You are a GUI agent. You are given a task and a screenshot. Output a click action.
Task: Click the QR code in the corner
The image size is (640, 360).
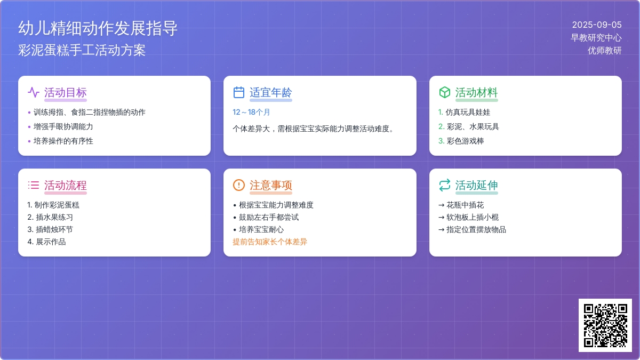coord(605,325)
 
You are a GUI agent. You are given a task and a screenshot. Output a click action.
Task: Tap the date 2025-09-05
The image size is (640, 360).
coord(597,25)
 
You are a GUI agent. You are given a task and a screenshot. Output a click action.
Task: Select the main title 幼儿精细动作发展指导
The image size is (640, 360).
coord(98,28)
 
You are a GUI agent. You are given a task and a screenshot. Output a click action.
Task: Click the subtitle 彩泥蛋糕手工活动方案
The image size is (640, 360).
coord(82,50)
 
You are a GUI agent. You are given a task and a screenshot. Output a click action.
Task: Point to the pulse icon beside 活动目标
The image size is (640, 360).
coord(34,92)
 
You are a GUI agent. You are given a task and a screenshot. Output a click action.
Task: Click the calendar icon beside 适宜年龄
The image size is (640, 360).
coord(239,92)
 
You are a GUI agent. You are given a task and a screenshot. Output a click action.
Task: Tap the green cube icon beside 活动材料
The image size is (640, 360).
coord(445,92)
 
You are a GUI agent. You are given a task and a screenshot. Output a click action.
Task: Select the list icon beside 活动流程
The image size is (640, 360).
coord(34,185)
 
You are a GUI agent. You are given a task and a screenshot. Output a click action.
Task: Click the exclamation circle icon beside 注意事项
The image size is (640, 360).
coord(239,185)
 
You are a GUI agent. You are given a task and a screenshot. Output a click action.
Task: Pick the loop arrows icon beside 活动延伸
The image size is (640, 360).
coord(445,185)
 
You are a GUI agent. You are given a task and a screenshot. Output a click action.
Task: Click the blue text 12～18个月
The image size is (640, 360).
coord(251,112)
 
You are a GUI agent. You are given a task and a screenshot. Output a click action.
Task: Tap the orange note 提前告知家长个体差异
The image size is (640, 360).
coord(270,242)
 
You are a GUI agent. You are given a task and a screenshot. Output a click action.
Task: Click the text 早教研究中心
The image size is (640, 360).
coord(596,38)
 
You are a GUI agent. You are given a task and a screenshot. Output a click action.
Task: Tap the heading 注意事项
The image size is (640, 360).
coord(271,185)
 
